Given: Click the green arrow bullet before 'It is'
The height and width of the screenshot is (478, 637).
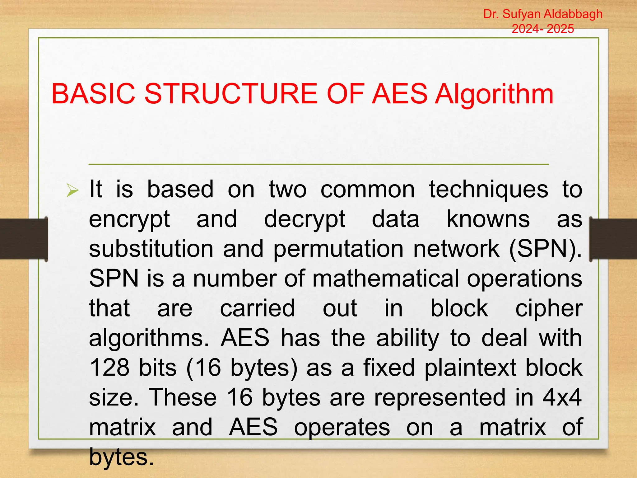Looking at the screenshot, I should (72, 190).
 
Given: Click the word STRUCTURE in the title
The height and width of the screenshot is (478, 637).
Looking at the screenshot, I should (231, 94).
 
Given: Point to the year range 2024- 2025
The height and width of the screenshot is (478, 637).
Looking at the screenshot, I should (543, 29).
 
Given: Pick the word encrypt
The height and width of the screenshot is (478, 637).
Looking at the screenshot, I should (129, 220).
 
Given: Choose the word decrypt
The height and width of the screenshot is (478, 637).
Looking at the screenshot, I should (305, 220).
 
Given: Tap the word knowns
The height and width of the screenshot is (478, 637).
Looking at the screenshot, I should (488, 219).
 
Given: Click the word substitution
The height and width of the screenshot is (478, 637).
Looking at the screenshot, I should (151, 249).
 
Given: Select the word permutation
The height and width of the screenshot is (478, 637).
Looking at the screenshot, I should (338, 249).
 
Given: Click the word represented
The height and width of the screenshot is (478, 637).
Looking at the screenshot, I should (440, 398).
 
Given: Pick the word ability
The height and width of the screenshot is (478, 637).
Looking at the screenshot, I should (408, 339).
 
